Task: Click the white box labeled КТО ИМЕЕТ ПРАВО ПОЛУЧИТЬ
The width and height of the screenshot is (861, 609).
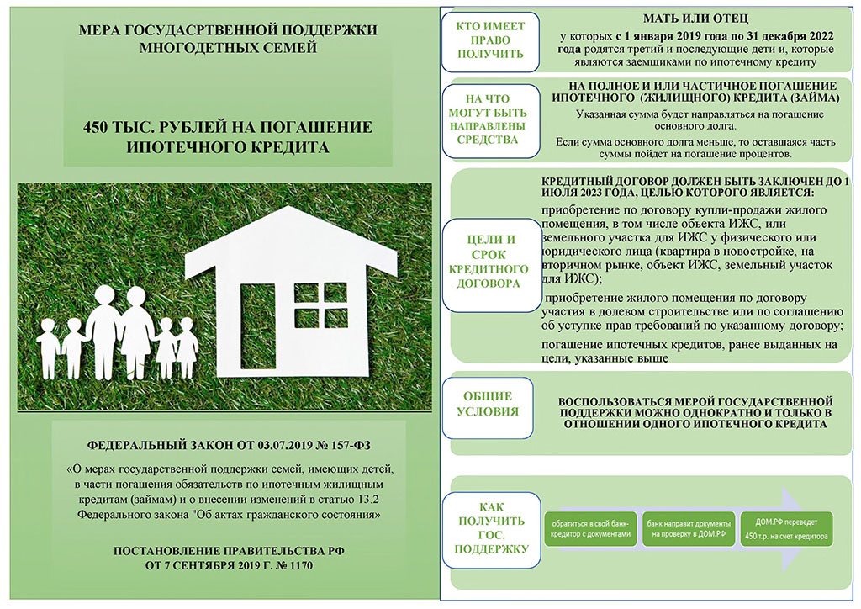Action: (x=490, y=42)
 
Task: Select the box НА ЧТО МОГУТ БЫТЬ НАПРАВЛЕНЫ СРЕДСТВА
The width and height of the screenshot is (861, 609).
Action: (x=491, y=121)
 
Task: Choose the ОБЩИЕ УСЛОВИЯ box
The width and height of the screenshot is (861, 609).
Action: (x=488, y=407)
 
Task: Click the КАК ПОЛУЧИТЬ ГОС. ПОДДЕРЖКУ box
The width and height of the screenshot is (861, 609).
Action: (x=491, y=530)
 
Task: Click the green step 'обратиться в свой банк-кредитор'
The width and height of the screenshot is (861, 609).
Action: (x=590, y=529)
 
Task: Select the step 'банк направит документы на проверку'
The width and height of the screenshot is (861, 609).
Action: (x=689, y=529)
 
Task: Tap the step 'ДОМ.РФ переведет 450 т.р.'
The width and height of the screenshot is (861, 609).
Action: (x=786, y=528)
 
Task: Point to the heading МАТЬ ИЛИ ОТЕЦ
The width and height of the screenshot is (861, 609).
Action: (x=695, y=19)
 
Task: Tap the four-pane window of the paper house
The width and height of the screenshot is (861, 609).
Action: (x=320, y=304)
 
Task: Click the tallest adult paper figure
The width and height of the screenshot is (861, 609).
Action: (x=103, y=332)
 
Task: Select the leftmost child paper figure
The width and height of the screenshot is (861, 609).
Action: (x=48, y=348)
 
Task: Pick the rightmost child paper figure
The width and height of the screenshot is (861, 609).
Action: (x=187, y=347)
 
